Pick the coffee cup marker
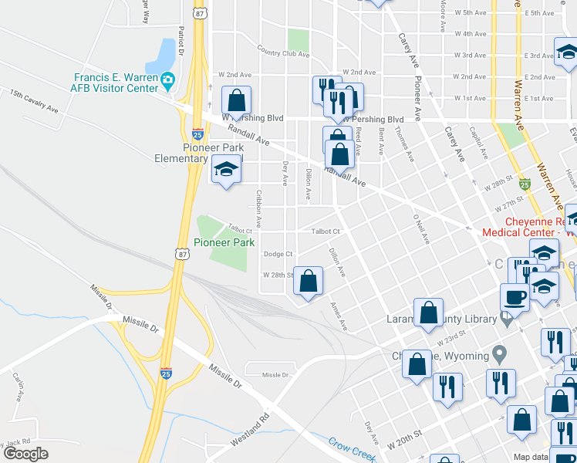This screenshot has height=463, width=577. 515,297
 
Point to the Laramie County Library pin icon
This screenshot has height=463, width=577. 506,318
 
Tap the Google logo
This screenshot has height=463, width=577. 25,454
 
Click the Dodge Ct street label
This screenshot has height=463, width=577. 278,254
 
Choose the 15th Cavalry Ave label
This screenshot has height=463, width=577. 34,101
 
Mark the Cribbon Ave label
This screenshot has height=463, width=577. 258,208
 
